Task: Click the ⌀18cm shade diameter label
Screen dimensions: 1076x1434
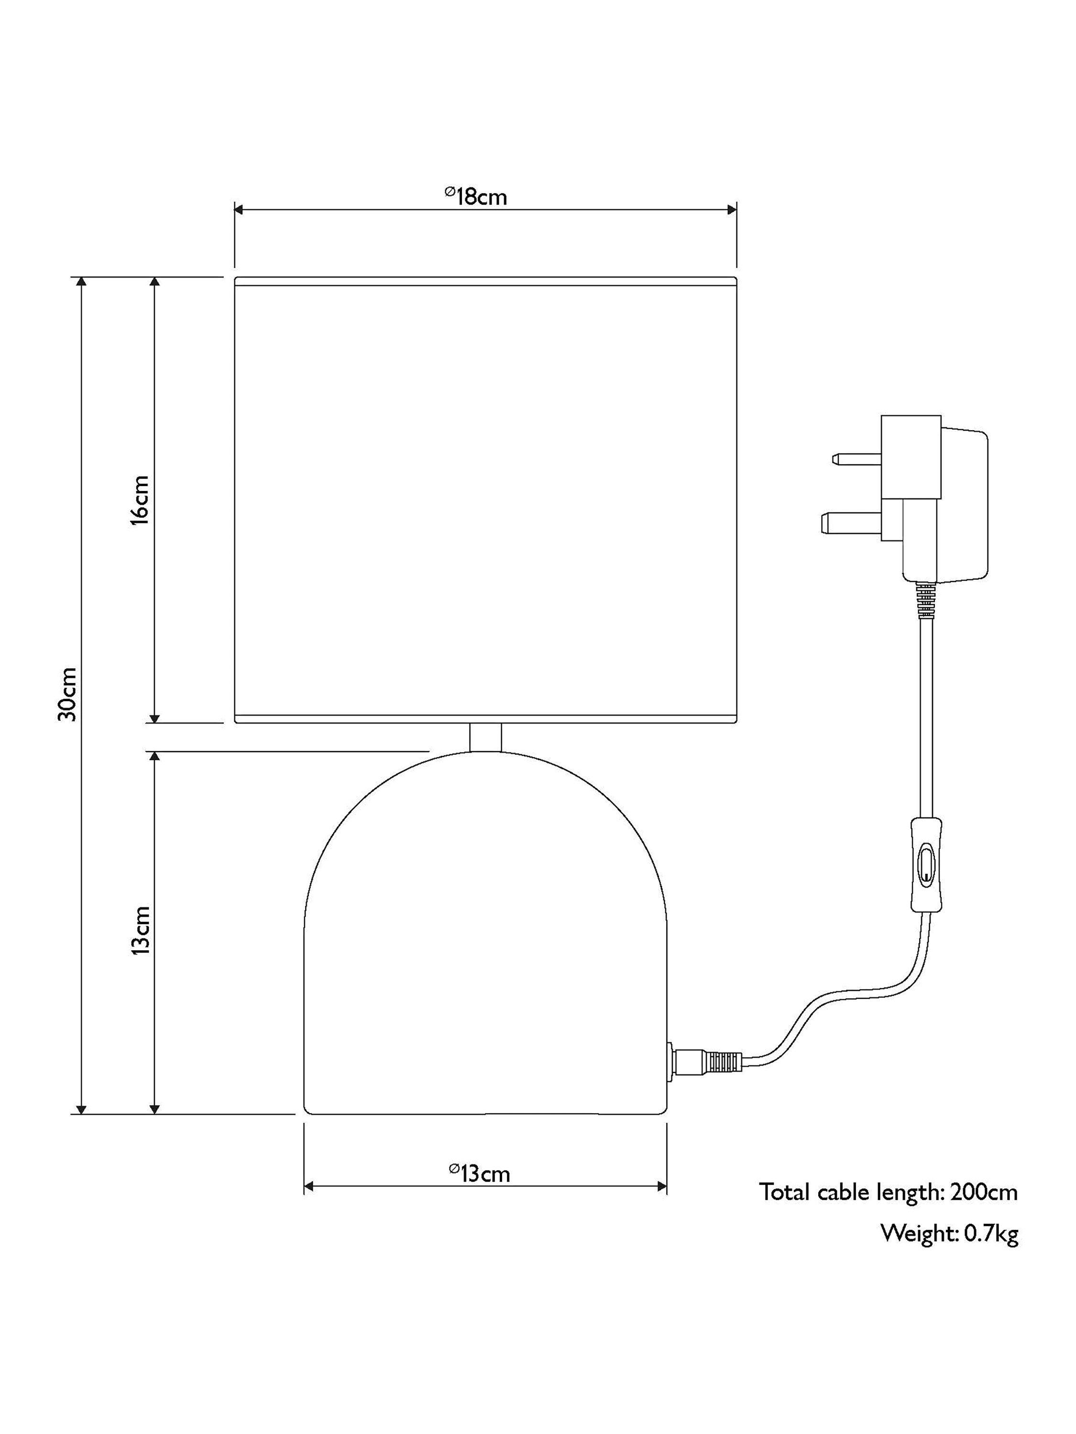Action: pyautogui.click(x=475, y=196)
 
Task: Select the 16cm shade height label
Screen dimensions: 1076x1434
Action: pyautogui.click(x=140, y=500)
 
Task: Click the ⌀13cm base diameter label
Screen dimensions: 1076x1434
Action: pyautogui.click(x=479, y=1173)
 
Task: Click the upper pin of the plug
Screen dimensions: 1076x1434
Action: pyautogui.click(x=856, y=460)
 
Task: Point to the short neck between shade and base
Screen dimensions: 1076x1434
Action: pyautogui.click(x=485, y=738)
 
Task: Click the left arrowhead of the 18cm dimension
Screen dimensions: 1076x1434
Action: pyautogui.click(x=239, y=209)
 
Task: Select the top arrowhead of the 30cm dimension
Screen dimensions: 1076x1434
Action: pyautogui.click(x=81, y=282)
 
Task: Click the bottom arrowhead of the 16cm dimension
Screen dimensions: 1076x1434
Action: pyautogui.click(x=154, y=717)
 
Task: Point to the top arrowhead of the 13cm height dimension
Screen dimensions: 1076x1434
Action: pyautogui.click(x=154, y=757)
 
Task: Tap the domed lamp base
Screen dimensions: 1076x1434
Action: pyautogui.click(x=485, y=934)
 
